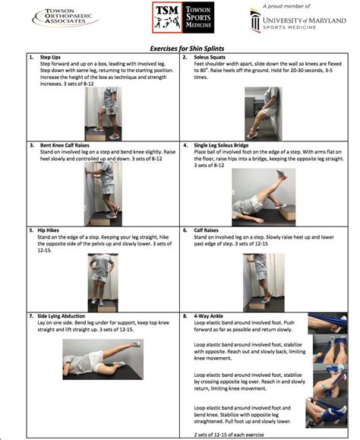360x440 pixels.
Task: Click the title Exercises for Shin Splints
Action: click(179, 47)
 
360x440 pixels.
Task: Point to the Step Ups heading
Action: click(51, 58)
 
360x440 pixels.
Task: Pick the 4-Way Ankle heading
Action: click(207, 314)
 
